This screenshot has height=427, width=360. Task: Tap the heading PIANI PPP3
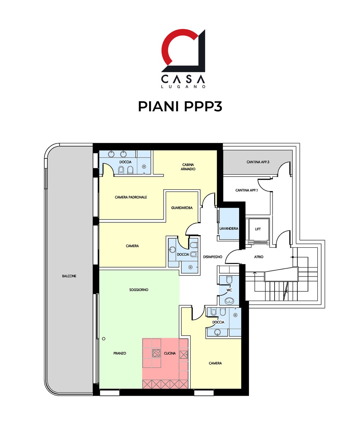pyautogui.click(x=180, y=106)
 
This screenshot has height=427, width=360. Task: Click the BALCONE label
pyautogui.click(x=69, y=276)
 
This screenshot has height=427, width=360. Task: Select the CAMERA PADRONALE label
pyautogui.click(x=131, y=197)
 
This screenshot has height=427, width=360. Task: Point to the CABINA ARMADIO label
pyautogui.click(x=188, y=167)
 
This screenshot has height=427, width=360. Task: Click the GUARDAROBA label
pyautogui.click(x=182, y=208)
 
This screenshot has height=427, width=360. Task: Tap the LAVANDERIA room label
pyautogui.click(x=229, y=229)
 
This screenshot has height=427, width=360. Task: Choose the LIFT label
pyautogui.click(x=258, y=229)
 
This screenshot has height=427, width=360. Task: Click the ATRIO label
pyautogui.click(x=259, y=257)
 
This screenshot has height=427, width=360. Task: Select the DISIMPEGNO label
pyautogui.click(x=213, y=257)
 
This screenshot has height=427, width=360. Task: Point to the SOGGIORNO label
pyautogui.click(x=139, y=290)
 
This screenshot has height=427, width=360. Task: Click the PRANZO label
pyautogui.click(x=120, y=353)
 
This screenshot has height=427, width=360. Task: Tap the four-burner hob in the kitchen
pyautogui.click(x=157, y=353)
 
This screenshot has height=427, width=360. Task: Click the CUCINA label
pyautogui.click(x=170, y=353)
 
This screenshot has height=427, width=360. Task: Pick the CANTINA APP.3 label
pyautogui.click(x=258, y=162)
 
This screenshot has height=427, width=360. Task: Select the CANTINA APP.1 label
pyautogui.click(x=247, y=190)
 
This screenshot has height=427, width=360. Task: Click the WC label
pyautogui.click(x=229, y=290)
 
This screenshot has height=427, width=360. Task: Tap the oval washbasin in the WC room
pyautogui.click(x=229, y=301)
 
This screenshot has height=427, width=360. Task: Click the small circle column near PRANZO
pyautogui.click(x=104, y=339)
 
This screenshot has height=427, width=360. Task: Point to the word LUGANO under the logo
pyautogui.click(x=183, y=87)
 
